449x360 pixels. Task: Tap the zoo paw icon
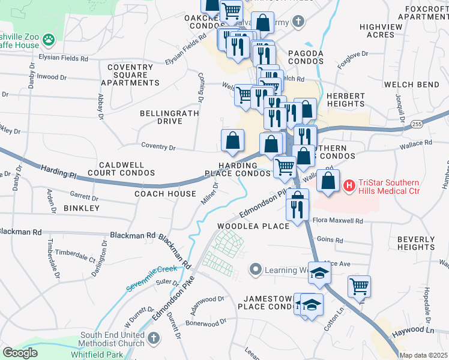48,40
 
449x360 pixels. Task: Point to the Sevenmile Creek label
152,278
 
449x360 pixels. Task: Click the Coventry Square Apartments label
130,75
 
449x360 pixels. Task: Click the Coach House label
165,194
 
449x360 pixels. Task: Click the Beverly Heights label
416,243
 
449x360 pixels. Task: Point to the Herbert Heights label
346,100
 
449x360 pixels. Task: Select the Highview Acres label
385,31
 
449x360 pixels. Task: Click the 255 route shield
417,124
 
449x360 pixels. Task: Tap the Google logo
20,353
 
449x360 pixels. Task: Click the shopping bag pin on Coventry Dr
232,140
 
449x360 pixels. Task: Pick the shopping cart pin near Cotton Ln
359,287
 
